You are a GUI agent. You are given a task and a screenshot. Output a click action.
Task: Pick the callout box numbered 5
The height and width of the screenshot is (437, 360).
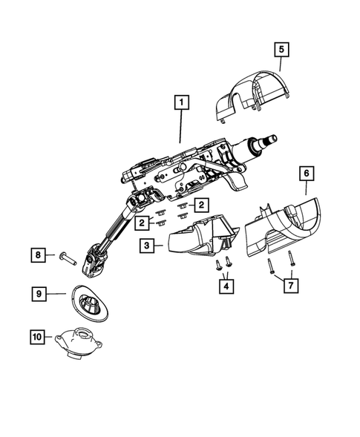coord(281,50)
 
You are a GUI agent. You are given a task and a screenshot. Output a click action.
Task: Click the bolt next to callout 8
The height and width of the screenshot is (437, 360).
coord(66,257)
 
